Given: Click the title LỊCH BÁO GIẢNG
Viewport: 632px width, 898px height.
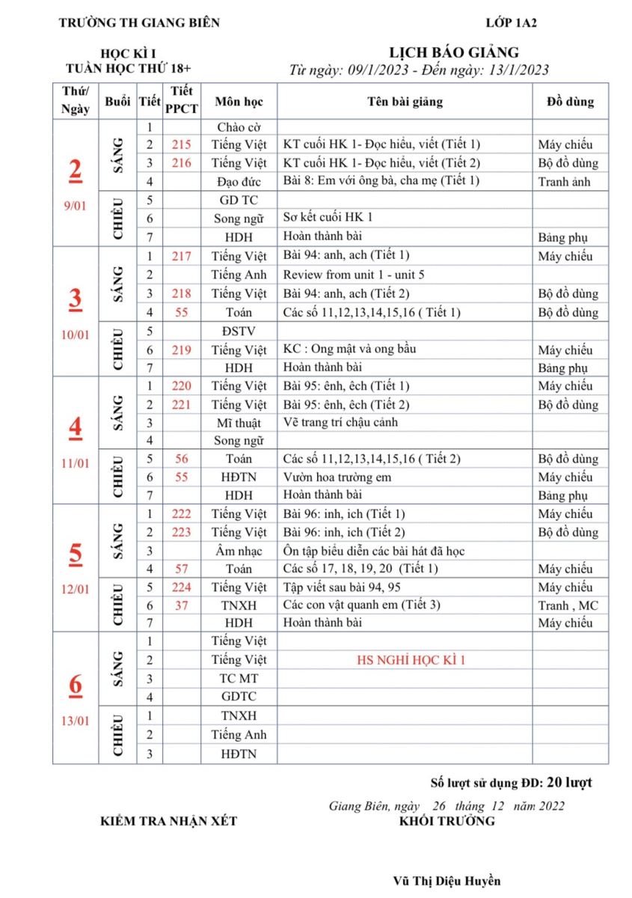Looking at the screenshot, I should click(454, 52).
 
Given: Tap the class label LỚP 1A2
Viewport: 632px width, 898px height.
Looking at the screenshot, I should click(511, 22).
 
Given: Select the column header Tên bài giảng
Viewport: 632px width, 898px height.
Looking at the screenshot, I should click(405, 101).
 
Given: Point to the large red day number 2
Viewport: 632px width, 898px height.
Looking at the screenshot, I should click(76, 171).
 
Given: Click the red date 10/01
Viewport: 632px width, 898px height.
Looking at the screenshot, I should click(75, 335).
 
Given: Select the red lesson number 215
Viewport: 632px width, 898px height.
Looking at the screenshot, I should click(181, 144).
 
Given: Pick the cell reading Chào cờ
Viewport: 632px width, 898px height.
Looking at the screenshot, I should click(238, 127).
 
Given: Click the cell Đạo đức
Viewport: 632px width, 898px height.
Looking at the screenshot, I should click(238, 181).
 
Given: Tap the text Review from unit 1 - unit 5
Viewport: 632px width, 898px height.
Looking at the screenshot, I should click(354, 275).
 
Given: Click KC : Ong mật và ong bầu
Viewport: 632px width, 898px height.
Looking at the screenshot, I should click(349, 349).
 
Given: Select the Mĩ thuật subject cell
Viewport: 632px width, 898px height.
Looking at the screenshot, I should click(238, 422).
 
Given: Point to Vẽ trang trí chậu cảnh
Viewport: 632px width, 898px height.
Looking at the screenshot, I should click(340, 422).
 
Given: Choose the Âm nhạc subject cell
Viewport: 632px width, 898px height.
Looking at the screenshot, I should click(238, 551).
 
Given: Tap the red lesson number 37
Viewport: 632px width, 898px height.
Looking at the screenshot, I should click(181, 605).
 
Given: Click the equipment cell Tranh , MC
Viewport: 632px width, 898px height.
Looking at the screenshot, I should click(568, 605).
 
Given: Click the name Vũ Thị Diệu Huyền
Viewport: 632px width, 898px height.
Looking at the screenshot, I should click(447, 881).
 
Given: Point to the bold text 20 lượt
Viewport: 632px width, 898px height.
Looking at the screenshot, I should click(569, 783).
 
